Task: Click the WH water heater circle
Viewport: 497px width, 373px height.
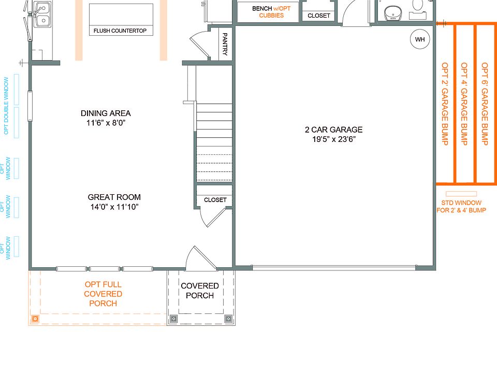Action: point(420,39)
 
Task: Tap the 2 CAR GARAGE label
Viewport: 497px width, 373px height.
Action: point(334,130)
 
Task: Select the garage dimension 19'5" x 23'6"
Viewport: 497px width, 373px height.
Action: point(334,139)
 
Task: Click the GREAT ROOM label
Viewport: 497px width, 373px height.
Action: point(114,197)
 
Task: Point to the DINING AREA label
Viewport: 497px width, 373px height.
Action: point(106,113)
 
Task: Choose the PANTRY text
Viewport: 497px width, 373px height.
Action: point(225,44)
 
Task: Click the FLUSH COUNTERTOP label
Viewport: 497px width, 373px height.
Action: point(120,31)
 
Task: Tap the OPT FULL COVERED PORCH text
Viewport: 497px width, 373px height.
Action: point(103,294)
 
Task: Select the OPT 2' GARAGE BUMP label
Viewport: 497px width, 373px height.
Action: point(445,104)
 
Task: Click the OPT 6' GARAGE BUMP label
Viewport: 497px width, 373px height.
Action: point(485,104)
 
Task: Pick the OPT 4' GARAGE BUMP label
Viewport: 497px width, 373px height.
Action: point(464,104)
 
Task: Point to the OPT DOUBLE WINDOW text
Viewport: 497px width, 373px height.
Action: point(6,106)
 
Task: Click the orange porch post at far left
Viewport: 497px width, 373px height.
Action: point(35,319)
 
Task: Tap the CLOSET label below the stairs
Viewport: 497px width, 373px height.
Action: point(215,200)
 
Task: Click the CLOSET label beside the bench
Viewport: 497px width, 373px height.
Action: point(319,16)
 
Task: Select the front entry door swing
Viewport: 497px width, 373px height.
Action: point(201,258)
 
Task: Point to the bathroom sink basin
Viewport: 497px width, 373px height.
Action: point(393,13)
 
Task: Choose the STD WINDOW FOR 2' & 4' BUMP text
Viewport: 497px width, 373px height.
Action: point(461,206)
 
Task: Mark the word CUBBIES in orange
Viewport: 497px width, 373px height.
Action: point(271,15)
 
